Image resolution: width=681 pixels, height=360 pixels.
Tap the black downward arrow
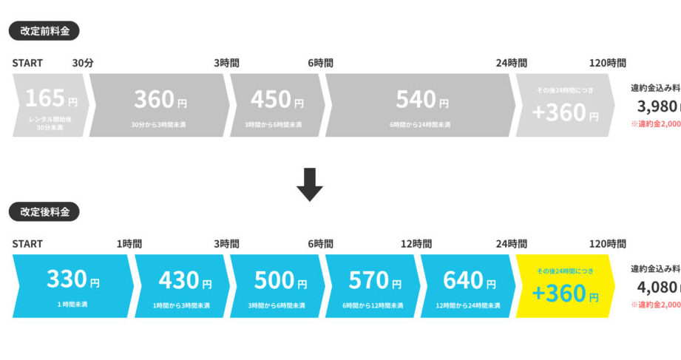point(310,184)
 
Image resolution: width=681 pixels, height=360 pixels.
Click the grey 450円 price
point(277,99)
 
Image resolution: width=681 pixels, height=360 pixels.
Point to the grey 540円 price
point(421,99)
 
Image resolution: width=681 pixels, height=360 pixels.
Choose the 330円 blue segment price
point(72,279)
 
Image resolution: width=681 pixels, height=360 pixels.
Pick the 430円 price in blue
point(184,280)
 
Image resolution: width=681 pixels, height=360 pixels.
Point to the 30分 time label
point(83,63)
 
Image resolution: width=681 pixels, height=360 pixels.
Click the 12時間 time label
point(416,243)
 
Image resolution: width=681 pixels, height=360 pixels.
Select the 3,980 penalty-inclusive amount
point(657,106)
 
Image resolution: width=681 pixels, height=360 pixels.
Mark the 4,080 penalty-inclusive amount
point(657,287)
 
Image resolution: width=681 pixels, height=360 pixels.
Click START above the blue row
point(27,243)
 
